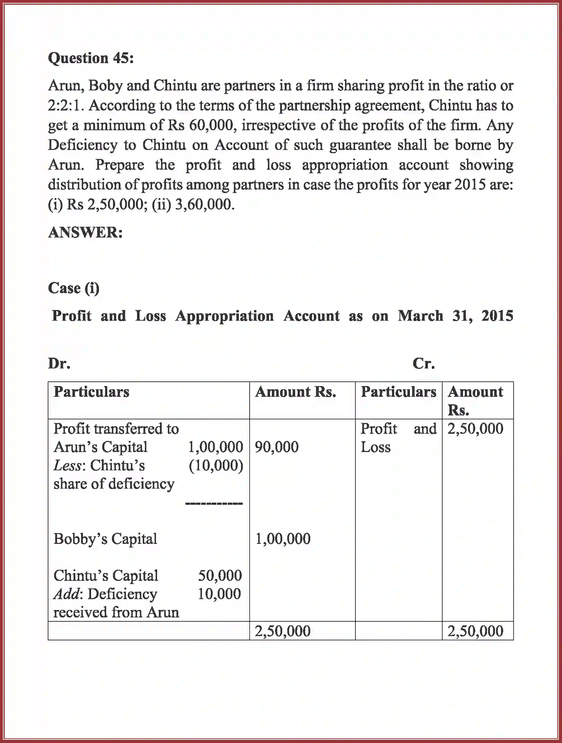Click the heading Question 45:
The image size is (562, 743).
[x=91, y=58]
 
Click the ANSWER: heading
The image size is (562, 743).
[x=85, y=232]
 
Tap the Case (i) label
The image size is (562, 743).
[x=74, y=288]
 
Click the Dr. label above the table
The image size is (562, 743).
[x=59, y=364]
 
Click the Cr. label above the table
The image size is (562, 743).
[x=424, y=364]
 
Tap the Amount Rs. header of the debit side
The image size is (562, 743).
[x=296, y=392]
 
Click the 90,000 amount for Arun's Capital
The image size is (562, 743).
[x=277, y=447]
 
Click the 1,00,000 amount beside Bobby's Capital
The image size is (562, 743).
[x=283, y=539]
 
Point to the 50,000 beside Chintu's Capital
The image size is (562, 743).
[x=220, y=575]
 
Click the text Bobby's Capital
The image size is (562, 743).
[x=105, y=539]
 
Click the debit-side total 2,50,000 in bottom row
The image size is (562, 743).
[x=283, y=631]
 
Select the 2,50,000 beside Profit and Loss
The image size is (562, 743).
[x=475, y=429]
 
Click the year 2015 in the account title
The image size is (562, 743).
[x=497, y=316]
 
